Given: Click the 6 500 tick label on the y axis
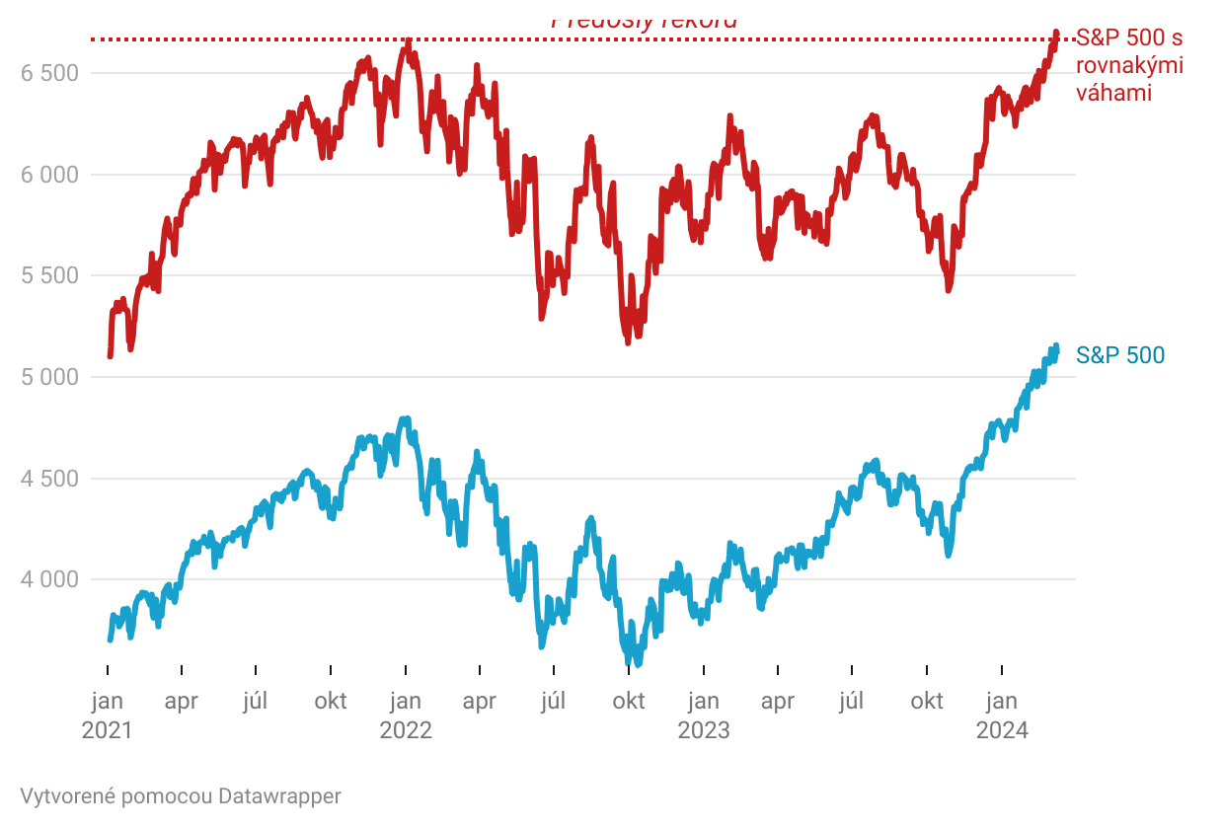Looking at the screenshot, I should (49, 73).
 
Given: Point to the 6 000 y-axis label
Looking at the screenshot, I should (49, 175).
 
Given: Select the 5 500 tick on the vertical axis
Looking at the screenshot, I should (49, 275).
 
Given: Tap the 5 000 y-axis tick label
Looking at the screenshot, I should (49, 377).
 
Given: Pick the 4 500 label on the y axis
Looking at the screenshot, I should (49, 479).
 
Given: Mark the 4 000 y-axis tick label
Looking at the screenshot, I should (49, 579).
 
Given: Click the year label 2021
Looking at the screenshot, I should (107, 730).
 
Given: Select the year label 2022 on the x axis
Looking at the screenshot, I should (406, 730).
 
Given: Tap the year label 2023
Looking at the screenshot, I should (703, 730).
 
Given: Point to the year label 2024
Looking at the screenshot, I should (1002, 730).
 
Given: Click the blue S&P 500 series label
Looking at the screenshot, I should (1120, 355).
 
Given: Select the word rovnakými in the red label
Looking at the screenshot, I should (1129, 66).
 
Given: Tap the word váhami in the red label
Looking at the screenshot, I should (1114, 93).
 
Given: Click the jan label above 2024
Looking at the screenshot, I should (1002, 702).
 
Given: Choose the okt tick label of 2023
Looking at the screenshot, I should (927, 702).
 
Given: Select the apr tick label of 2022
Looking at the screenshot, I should (480, 702).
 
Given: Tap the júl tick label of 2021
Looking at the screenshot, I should (256, 702).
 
